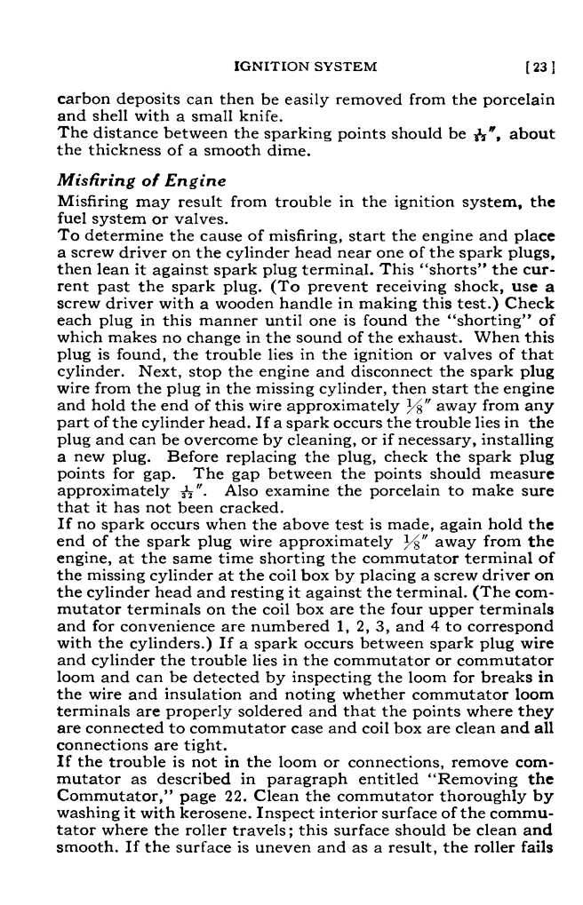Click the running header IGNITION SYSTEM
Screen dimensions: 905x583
tap(305, 66)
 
